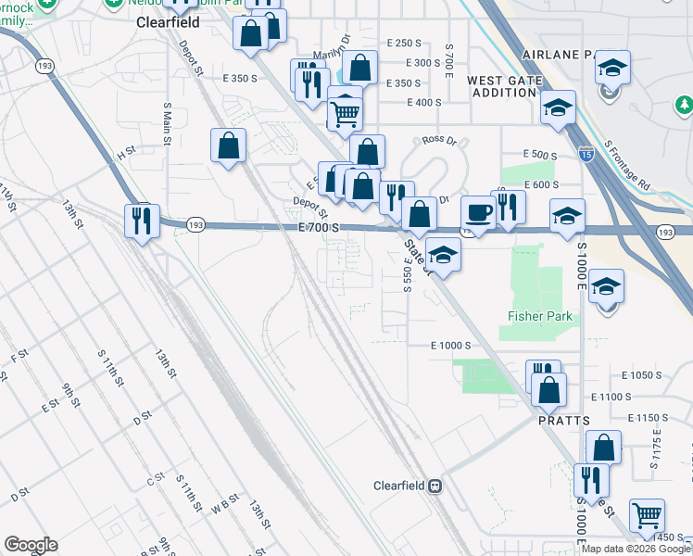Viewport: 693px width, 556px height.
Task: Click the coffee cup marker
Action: [x=478, y=212]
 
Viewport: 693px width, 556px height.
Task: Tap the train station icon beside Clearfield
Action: [x=435, y=486]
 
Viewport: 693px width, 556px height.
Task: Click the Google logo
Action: [x=31, y=546]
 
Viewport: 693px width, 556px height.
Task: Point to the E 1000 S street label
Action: [x=451, y=346]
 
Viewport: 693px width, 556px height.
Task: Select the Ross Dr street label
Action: [x=439, y=140]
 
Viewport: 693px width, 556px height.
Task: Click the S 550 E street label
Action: [x=408, y=278]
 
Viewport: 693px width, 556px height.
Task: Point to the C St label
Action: [x=156, y=479]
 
